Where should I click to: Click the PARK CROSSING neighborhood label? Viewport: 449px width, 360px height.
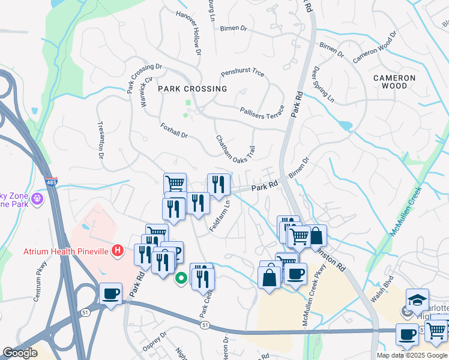193,89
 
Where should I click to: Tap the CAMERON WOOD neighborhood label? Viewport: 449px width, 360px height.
394,82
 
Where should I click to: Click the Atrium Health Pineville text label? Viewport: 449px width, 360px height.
67,251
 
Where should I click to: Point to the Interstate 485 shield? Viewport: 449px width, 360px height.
52,182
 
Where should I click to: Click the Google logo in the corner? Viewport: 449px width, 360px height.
20,353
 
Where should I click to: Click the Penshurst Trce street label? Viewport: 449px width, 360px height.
243,73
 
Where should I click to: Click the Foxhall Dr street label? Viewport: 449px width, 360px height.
175,131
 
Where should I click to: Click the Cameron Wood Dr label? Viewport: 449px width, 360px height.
375,48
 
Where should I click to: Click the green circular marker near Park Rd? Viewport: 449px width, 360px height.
180,278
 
